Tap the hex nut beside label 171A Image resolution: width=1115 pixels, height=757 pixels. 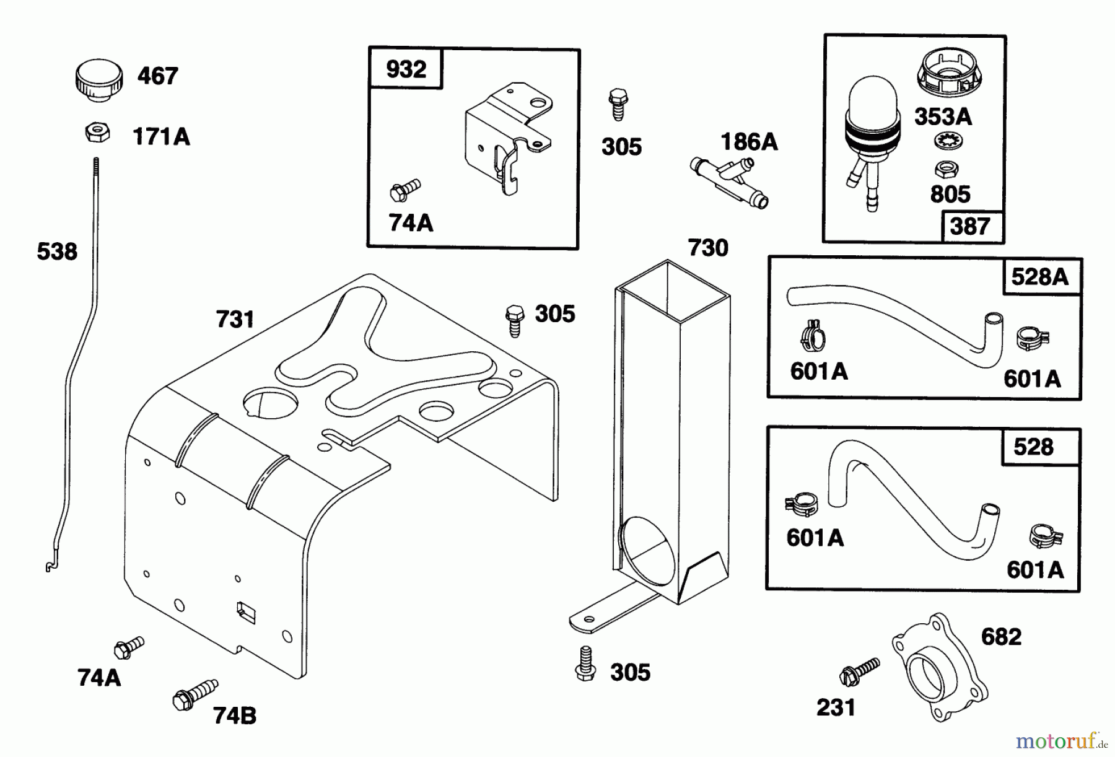97,132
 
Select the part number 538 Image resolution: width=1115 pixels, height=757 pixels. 57,252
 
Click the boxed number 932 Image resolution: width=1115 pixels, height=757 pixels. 406,69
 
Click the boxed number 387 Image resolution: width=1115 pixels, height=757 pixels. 969,226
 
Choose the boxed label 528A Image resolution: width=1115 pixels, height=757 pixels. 1039,277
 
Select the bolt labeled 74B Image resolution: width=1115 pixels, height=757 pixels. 195,694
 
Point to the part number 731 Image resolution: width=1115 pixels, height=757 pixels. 235,320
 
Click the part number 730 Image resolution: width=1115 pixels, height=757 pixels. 708,248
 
